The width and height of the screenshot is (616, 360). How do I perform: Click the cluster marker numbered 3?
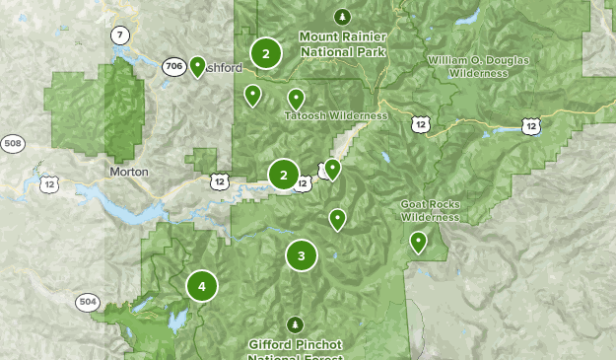pos(302,255)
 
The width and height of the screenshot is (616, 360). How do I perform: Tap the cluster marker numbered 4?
pos(202,287)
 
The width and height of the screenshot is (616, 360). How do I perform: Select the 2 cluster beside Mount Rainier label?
pos(265,53)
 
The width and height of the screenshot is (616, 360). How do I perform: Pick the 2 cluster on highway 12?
pos(284,176)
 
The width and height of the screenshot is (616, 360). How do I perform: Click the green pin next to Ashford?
pos(197,67)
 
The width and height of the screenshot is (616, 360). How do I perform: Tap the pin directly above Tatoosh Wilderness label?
pos(295,99)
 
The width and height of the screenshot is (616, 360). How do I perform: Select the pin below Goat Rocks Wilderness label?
pos(418,241)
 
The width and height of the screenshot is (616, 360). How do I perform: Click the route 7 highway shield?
pos(119,36)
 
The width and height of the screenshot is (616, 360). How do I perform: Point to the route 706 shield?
pos(173,67)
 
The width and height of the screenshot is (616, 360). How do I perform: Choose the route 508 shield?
pos(12,144)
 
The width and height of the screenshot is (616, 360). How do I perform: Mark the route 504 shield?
pos(87,302)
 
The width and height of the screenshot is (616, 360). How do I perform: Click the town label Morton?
pos(129,172)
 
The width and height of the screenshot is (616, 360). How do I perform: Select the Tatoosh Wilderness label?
pos(335,116)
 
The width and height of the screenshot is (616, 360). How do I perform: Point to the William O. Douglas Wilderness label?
pos(478,66)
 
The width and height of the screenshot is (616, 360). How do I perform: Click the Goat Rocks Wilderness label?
pos(430,211)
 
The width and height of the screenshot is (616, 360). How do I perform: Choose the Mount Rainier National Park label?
pos(343,43)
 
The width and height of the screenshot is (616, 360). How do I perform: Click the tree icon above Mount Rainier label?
pos(342,17)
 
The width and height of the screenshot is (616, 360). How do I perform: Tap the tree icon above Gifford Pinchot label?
pos(295,324)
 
